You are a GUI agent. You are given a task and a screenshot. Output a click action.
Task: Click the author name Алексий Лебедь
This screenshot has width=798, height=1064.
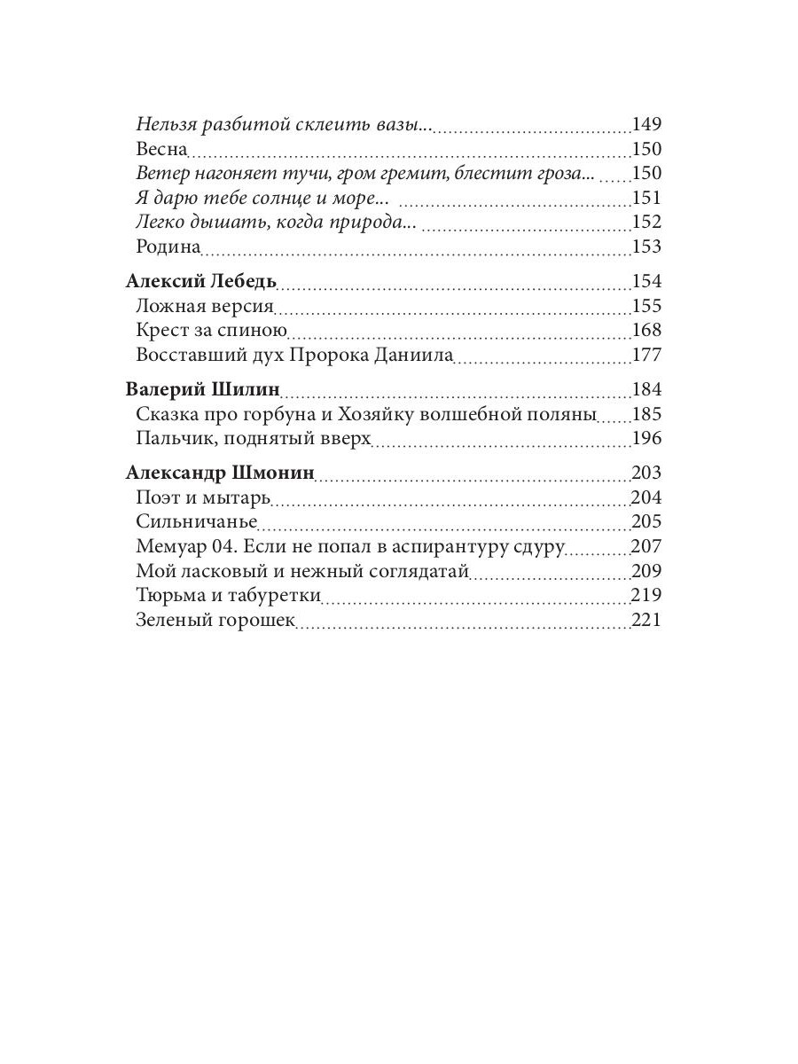tap(201, 282)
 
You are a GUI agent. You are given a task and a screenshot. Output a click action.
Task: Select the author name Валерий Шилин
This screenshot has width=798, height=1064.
tap(203, 390)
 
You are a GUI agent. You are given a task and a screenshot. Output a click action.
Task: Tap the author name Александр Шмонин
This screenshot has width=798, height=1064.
tap(220, 473)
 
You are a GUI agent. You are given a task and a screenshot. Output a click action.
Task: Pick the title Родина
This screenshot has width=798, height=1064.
tap(169, 246)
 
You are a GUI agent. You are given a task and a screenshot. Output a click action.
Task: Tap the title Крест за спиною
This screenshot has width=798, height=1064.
tap(212, 331)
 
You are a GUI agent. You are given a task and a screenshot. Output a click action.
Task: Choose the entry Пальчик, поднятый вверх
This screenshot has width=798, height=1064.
tap(253, 439)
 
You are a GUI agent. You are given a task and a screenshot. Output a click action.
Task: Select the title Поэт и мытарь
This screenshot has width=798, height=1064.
tap(203, 497)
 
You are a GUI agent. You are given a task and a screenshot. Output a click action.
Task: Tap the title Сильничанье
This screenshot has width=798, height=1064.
tap(197, 521)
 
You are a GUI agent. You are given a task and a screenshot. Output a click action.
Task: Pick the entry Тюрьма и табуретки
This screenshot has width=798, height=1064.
tap(228, 596)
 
